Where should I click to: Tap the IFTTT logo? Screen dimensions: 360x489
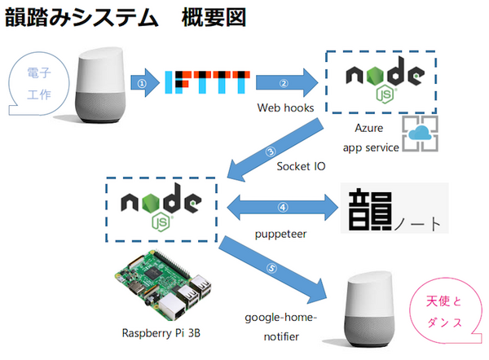click(206, 82)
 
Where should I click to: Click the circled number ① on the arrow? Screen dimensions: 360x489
click(141, 82)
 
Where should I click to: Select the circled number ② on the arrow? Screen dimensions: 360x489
click(283, 82)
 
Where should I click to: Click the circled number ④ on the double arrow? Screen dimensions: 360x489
click(282, 206)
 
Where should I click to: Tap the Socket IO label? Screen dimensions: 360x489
click(302, 167)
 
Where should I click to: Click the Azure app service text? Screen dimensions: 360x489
click(371, 138)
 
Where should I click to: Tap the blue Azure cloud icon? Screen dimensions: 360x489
click(420, 134)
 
